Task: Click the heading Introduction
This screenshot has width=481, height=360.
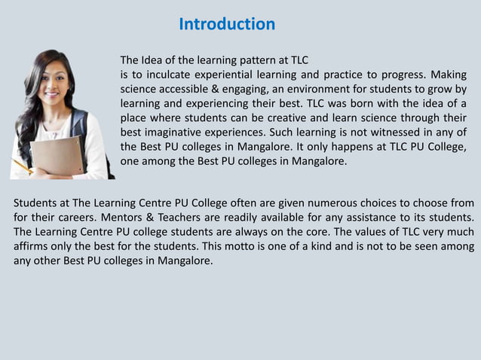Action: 227,24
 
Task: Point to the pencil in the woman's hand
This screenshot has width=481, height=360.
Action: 23,166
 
